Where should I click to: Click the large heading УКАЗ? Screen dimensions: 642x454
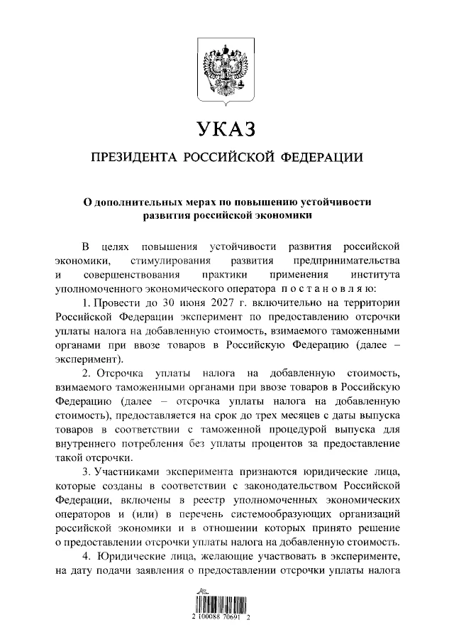coord(227,129)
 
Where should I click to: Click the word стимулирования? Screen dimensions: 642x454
coord(167,261)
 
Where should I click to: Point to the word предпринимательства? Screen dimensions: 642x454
coord(346,261)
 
